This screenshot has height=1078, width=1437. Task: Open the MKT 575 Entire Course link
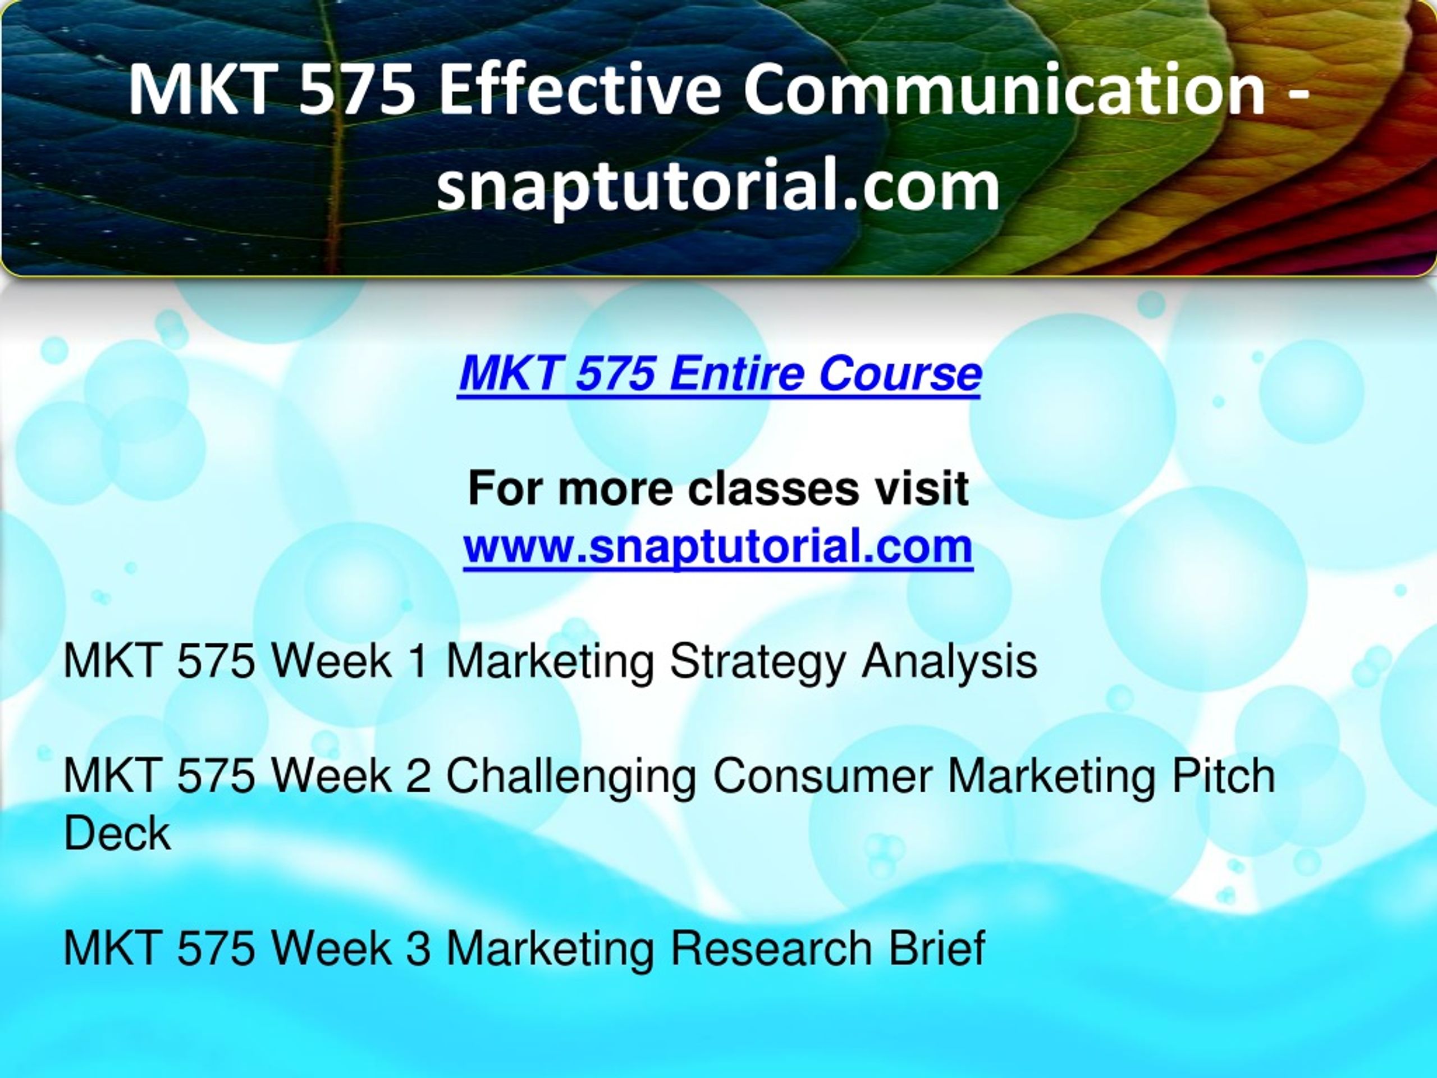point(719,375)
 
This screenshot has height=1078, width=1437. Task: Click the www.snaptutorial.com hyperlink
point(718,546)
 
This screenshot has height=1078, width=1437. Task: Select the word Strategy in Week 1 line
point(757,662)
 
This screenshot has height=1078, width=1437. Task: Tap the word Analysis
point(949,662)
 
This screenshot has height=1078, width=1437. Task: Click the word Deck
point(117,834)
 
